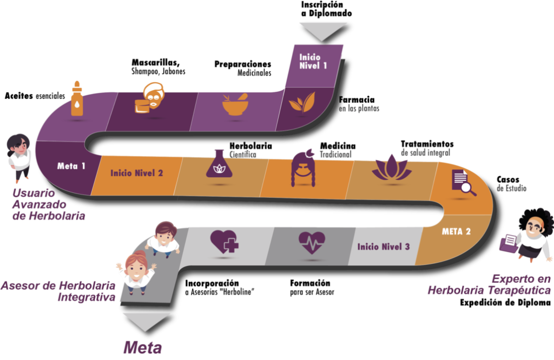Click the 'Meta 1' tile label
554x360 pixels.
coord(71,166)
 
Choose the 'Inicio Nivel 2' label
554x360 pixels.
coord(136,174)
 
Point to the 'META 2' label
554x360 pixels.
coord(456,231)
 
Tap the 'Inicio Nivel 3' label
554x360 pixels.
coord(384,247)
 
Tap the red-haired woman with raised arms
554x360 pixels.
coord(136,271)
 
